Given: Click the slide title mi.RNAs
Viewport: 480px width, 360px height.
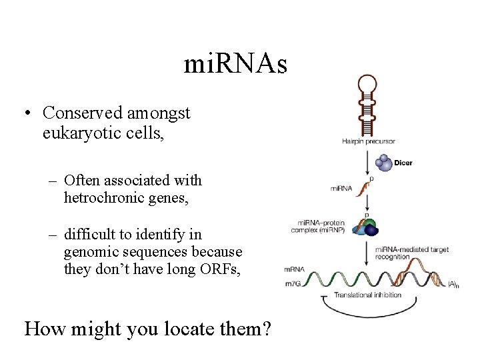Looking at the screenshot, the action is coord(235,64).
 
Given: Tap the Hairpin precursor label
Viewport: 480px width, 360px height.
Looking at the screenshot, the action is coord(369,141).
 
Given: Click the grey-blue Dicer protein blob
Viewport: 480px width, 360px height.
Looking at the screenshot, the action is coord(384,162).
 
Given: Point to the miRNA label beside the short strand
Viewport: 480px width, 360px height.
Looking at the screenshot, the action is coord(341,189).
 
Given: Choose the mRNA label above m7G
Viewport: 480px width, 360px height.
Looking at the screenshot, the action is coord(294,269).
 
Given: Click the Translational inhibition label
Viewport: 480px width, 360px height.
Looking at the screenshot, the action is coord(367,295).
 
